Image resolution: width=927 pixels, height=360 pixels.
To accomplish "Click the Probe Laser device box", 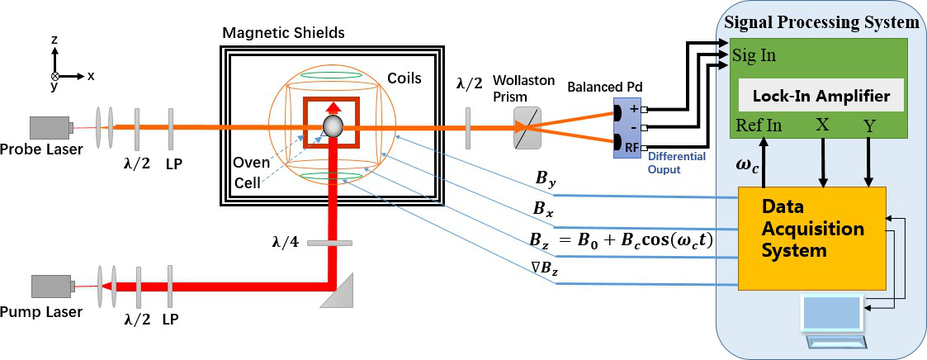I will coord(50,128).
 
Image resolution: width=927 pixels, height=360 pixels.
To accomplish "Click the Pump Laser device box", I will coord(50,286).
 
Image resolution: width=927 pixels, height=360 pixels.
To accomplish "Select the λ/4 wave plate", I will coord(329,243).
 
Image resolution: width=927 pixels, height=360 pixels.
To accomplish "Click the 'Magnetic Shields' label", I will coord(283,33).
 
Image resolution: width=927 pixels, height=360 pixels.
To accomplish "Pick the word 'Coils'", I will coord(404,78).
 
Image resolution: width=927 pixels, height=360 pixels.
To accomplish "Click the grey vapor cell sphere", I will coord(333,126).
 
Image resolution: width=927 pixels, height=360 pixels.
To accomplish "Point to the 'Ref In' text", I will coord(757,126).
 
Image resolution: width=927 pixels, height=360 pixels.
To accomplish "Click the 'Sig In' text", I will coord(754,56).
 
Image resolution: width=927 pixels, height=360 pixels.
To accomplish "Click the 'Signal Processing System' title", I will coord(821,22).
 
